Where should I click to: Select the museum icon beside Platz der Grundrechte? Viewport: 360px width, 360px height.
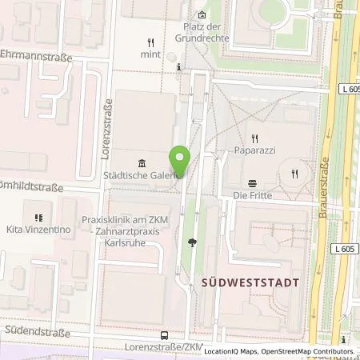pos(202,14)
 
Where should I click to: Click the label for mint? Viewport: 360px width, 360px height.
pos(150,54)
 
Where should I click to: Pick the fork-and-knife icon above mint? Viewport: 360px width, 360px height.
pos(150,42)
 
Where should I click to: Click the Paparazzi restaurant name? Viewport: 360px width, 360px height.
pos(255,149)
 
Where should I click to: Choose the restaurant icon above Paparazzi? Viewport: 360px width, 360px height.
pos(255,137)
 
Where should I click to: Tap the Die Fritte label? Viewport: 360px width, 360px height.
pos(253,195)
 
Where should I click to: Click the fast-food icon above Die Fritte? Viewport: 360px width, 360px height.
pos(253,182)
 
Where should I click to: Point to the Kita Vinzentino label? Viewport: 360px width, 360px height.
pos(38,230)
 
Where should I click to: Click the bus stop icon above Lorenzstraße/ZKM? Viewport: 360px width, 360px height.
pos(164,335)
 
